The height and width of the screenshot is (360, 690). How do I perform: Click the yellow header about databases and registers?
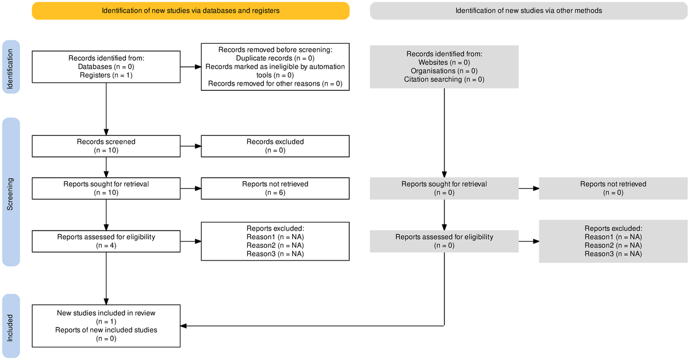(x=190, y=10)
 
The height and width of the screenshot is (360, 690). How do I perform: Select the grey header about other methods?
(x=528, y=10)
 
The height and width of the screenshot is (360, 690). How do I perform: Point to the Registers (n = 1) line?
(x=106, y=75)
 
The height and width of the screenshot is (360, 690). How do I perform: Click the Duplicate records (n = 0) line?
(x=275, y=58)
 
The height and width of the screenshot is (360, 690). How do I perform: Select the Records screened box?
(x=106, y=146)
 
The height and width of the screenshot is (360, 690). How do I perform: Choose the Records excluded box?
(x=275, y=146)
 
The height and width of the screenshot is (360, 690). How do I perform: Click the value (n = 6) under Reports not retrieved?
(x=275, y=193)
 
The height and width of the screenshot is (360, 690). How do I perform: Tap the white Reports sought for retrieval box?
(x=106, y=188)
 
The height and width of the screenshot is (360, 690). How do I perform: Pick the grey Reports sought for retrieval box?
(x=444, y=188)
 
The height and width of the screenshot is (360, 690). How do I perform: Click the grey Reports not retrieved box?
(x=613, y=188)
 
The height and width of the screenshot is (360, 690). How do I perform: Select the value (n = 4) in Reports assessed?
(x=106, y=245)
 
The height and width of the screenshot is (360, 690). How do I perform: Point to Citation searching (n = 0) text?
(x=444, y=79)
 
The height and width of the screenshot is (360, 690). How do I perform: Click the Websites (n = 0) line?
(x=444, y=62)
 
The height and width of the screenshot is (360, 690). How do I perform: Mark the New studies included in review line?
(x=106, y=313)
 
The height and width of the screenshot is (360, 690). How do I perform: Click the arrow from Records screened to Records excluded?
(x=190, y=146)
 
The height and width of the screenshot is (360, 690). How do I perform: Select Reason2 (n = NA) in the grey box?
(x=613, y=245)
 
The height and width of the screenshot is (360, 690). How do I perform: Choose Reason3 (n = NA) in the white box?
(x=275, y=254)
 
